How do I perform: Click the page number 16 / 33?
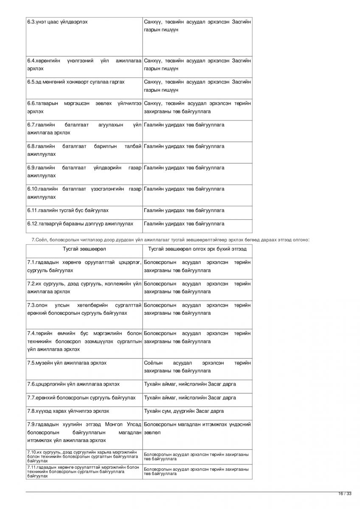345,493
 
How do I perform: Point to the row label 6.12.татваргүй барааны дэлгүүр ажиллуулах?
80,224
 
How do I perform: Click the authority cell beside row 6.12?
184,224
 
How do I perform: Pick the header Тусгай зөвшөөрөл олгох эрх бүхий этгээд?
197,249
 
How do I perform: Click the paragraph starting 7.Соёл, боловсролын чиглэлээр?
170,240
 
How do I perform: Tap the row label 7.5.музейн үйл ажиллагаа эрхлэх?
67,363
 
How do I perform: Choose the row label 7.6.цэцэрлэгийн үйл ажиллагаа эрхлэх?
73,384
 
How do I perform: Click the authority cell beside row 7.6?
190,384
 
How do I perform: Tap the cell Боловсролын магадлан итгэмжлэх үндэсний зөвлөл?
197,428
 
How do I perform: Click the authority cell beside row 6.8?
184,146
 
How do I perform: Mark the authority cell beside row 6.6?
197,107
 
